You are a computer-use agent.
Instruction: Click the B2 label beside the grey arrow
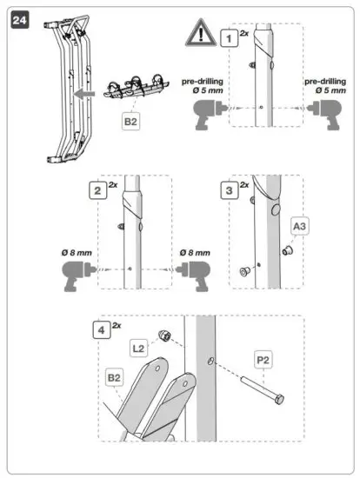coord(130,123)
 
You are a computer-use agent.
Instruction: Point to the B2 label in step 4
coord(114,379)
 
